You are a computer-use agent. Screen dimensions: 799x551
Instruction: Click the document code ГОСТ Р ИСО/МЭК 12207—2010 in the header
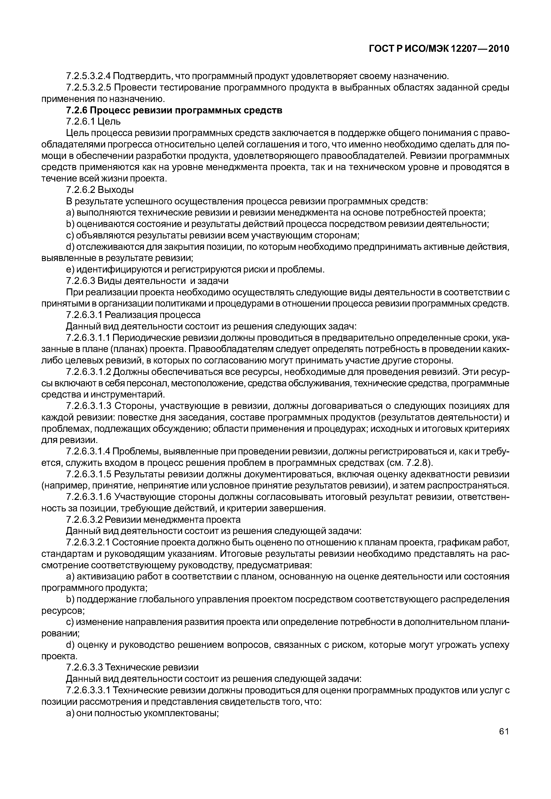pyautogui.click(x=439, y=49)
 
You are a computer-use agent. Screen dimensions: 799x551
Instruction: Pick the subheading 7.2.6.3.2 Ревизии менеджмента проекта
pyautogui.click(x=153, y=520)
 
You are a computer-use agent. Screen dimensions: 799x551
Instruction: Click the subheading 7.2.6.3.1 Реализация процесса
pyautogui.click(x=133, y=315)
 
